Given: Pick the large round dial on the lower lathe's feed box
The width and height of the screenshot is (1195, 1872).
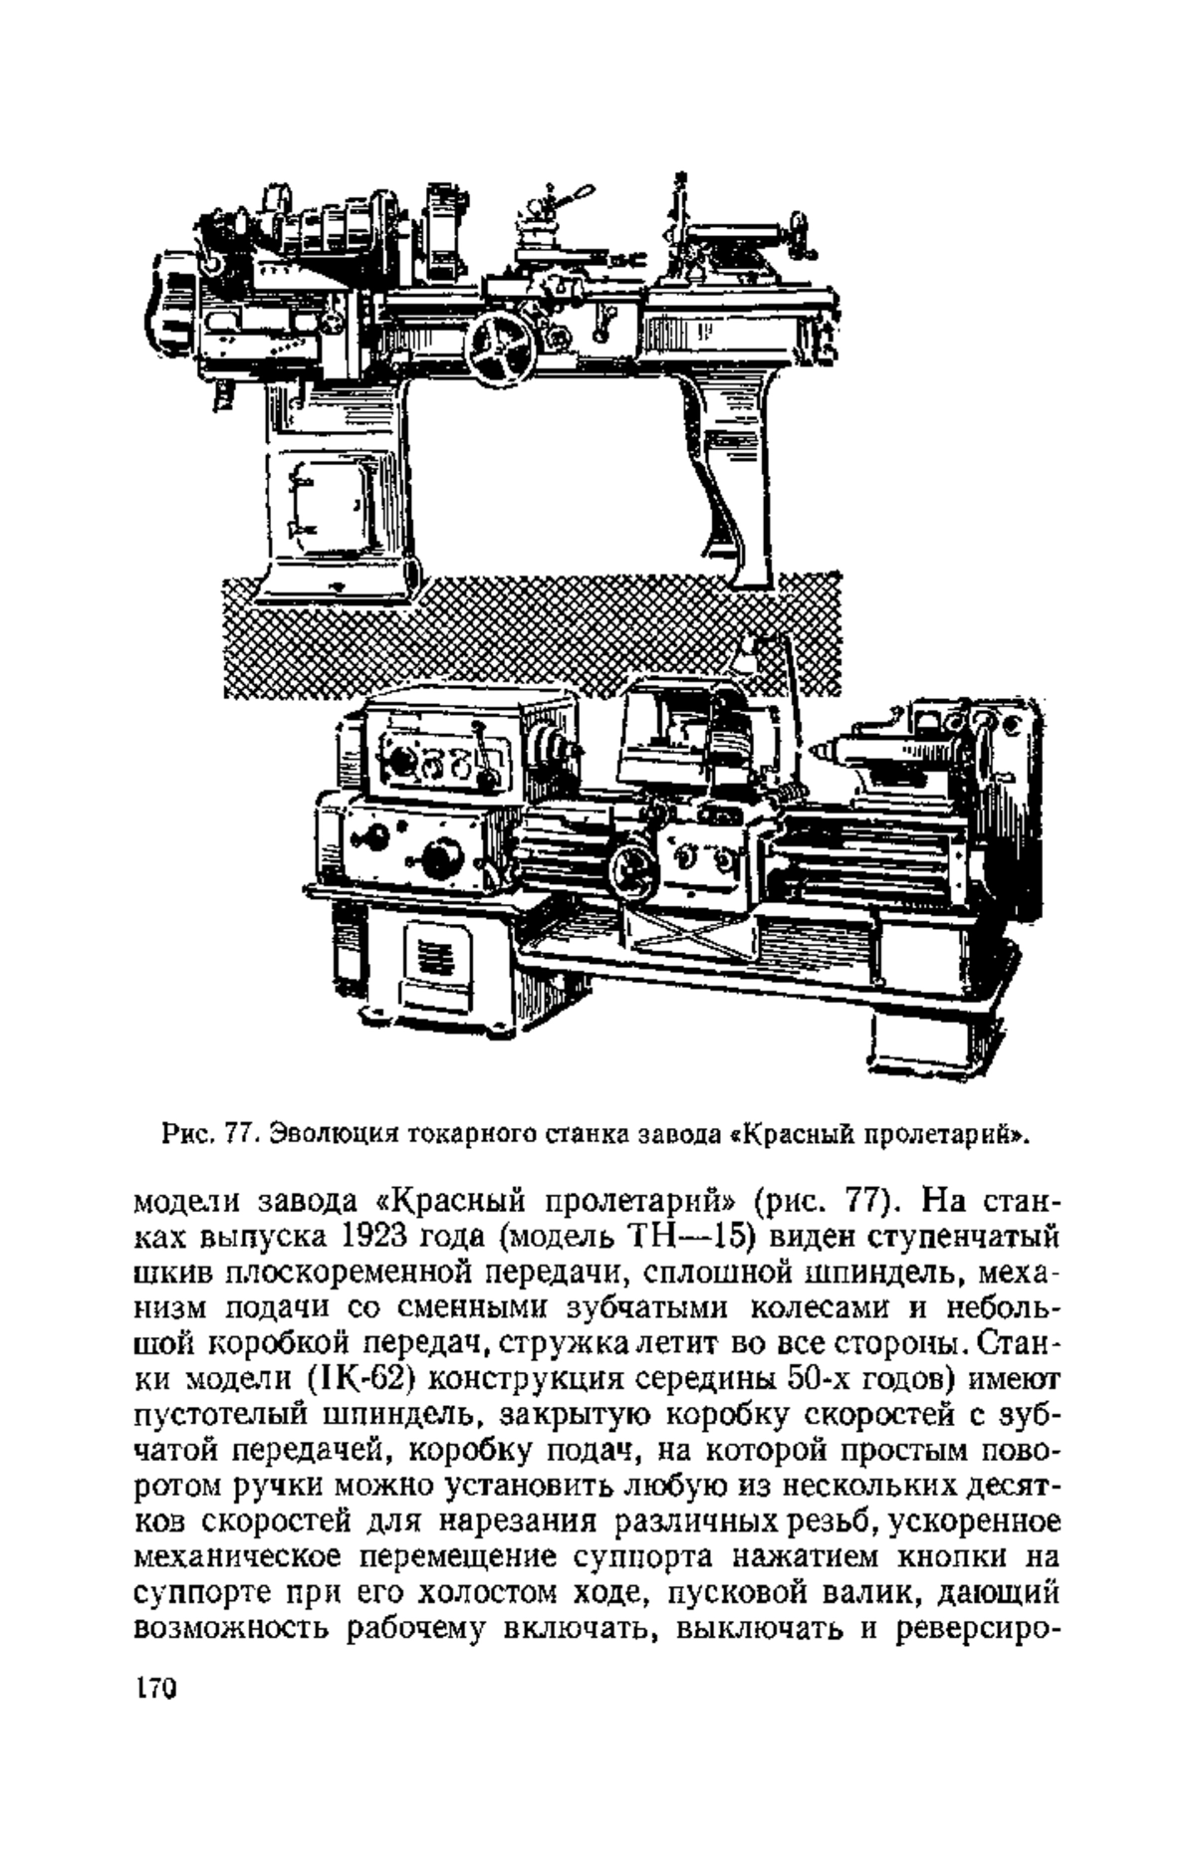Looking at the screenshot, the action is point(442,856).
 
